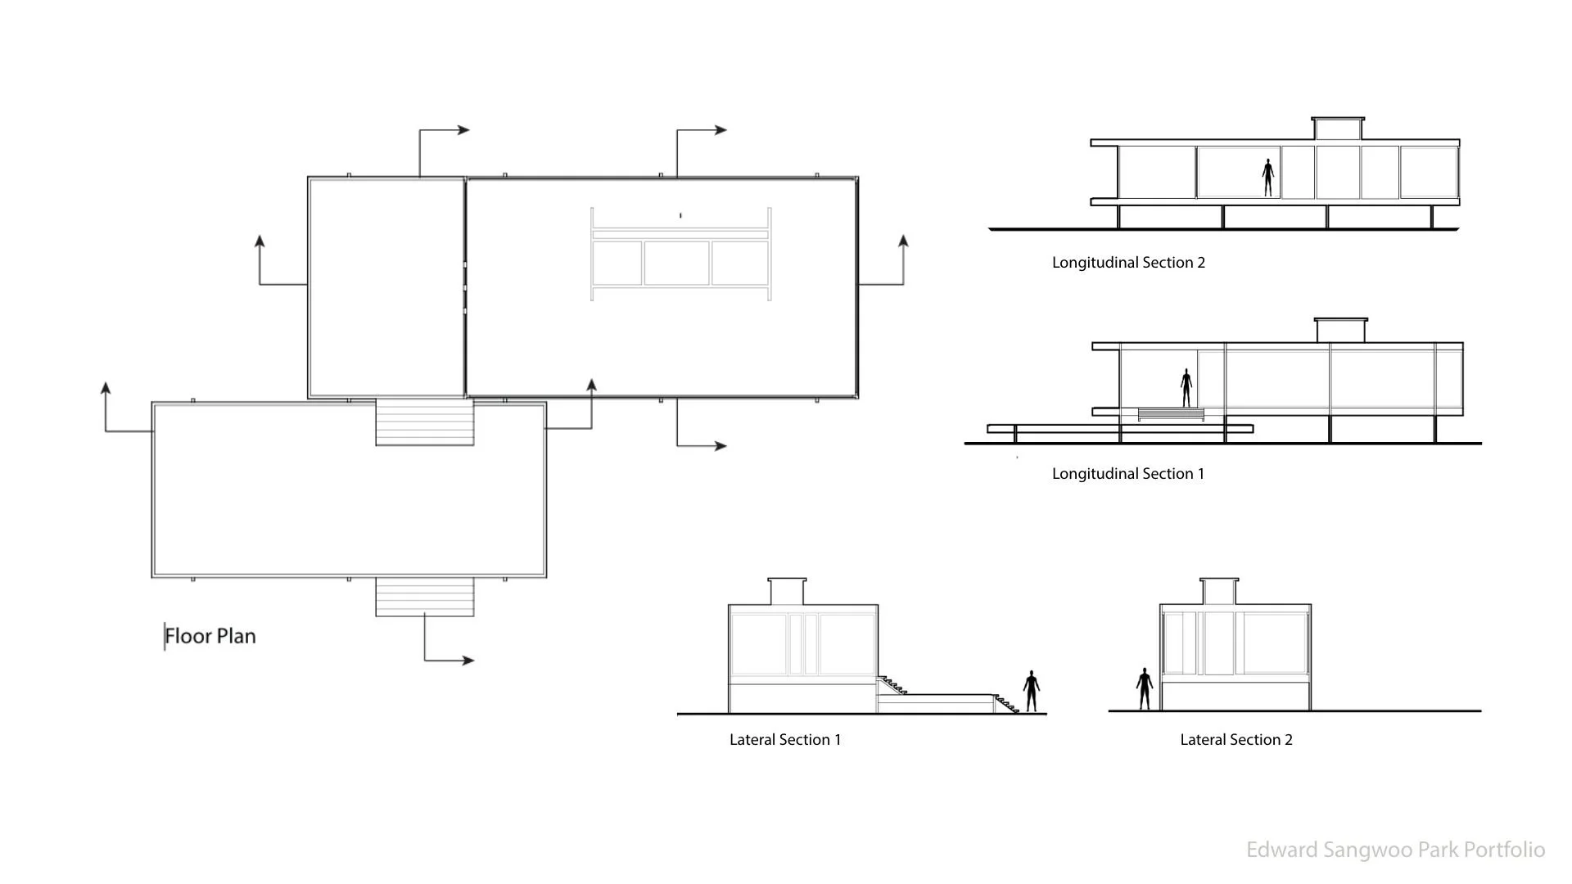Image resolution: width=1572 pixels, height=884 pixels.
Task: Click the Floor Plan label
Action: [210, 636]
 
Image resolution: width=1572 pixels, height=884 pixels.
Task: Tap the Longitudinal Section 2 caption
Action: [1128, 263]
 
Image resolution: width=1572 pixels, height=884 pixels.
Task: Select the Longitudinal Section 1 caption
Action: [1127, 474]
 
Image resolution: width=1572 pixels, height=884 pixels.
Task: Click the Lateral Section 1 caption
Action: [784, 740]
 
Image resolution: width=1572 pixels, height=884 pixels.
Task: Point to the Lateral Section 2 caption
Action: [1235, 740]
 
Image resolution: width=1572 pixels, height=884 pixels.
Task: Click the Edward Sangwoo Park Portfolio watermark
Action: [1395, 850]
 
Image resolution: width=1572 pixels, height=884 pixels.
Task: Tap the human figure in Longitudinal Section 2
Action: [1267, 178]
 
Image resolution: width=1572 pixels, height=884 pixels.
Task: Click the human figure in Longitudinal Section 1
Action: [1186, 387]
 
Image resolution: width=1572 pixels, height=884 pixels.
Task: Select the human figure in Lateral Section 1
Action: [1032, 691]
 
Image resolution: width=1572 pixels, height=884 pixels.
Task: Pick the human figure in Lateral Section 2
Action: [1144, 688]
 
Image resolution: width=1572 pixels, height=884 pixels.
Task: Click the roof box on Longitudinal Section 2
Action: [1339, 129]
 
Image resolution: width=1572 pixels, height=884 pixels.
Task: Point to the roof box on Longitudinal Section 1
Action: [1340, 330]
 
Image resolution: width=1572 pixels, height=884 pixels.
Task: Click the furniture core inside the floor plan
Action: [680, 255]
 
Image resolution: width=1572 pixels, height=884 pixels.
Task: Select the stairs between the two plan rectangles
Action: [424, 422]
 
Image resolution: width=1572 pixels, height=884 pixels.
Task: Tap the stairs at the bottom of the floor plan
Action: [424, 597]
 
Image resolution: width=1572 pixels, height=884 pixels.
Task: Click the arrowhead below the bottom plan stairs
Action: [468, 661]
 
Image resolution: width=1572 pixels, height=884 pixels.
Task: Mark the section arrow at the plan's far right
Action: [903, 242]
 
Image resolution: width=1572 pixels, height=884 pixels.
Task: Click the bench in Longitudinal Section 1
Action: [1171, 414]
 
